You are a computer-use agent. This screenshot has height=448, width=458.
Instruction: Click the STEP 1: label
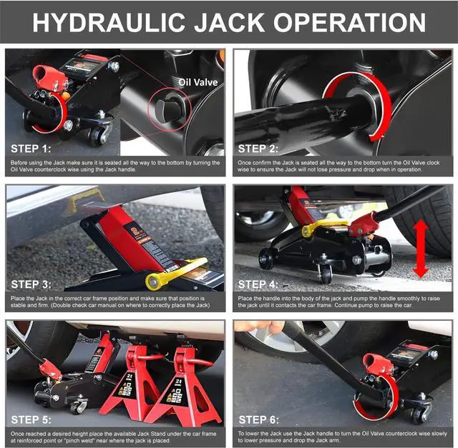[x=31, y=149]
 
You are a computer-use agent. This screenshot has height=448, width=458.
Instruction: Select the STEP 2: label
[x=258, y=149]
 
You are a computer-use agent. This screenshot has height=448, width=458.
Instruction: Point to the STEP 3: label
[x=31, y=284]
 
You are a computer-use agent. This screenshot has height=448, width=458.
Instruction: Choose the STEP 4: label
[x=258, y=284]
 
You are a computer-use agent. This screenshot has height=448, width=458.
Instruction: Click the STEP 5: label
[x=31, y=419]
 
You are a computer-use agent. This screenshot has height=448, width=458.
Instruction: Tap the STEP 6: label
[x=258, y=419]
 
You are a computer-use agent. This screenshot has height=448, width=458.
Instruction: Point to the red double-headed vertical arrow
[x=421, y=248]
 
